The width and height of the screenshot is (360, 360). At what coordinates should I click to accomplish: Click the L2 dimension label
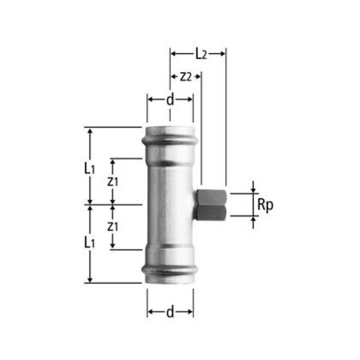201,54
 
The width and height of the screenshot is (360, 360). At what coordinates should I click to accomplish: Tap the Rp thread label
265,205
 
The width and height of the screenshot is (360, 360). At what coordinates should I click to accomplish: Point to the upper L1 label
88,167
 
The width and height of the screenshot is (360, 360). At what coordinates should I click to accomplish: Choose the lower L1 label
88,242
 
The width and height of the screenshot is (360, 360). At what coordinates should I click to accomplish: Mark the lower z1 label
112,227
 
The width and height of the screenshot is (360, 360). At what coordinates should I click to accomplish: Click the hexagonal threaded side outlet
210,205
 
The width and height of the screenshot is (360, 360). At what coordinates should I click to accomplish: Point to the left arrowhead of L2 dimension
173,54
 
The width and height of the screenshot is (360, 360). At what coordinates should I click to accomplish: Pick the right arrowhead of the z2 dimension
198,77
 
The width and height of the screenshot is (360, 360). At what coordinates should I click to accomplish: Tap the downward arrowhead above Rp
253,190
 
